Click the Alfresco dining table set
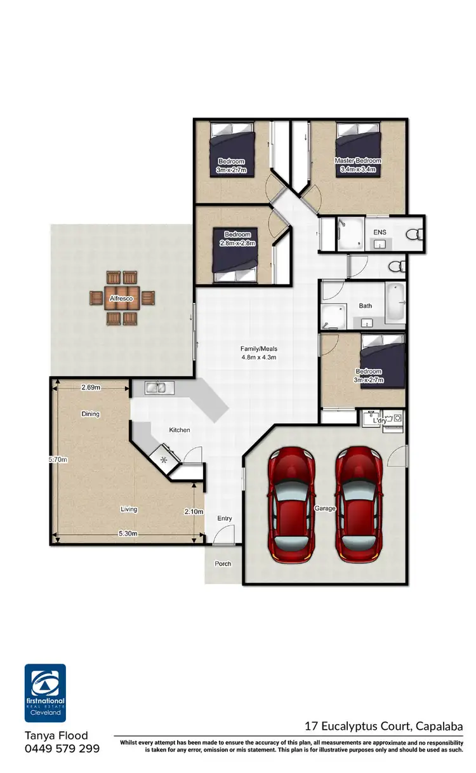coord(122,298)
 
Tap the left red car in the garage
coord(293,505)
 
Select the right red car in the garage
coord(359,505)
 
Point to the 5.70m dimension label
coord(59,459)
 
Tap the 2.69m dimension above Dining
coord(91,387)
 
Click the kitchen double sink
coord(155,387)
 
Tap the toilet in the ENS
coord(415,234)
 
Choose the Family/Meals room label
coord(258,353)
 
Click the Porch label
coord(223,563)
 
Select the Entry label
coord(225,518)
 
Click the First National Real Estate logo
coord(45,693)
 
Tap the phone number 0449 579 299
coord(62,749)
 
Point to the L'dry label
coord(380,421)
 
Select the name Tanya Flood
coord(56,736)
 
